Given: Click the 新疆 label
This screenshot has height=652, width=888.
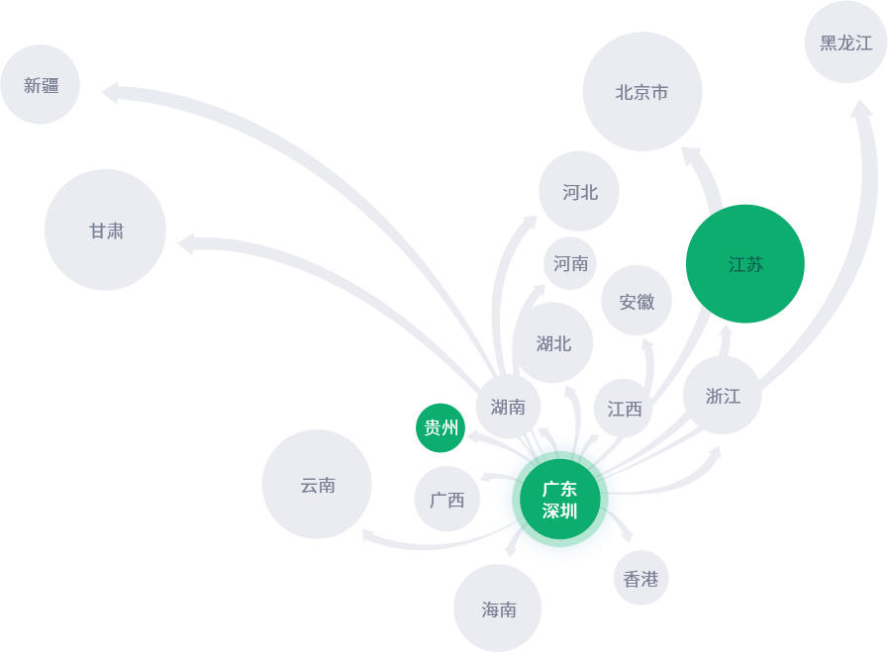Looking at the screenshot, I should (42, 86).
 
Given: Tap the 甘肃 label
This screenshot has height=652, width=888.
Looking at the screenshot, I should (107, 232).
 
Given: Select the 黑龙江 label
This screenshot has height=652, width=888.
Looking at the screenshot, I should (846, 44).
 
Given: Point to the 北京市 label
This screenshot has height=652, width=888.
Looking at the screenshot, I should (641, 93).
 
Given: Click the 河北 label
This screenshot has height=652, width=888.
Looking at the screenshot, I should (580, 193).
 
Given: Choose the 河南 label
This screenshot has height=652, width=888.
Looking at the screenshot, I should (571, 264).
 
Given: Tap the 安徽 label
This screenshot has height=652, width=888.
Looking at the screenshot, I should (637, 303).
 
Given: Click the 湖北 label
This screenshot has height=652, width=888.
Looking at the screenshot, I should (553, 344).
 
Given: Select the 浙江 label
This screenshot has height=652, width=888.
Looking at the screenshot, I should (723, 397).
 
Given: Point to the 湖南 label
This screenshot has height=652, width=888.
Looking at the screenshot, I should (508, 408).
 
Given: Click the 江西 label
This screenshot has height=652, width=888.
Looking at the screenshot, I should (625, 410).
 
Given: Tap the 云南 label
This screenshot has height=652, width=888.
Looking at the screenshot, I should (318, 486).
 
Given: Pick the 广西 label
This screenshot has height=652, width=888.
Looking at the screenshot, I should (446, 501).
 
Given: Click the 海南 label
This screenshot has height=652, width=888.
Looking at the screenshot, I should (499, 610).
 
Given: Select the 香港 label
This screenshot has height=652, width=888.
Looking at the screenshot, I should (641, 580).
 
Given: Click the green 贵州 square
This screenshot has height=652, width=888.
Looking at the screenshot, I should (441, 428).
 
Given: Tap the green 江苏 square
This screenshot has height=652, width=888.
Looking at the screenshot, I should (745, 264).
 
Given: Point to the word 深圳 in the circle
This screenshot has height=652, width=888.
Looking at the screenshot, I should (559, 512).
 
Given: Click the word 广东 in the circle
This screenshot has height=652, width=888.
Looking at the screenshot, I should (559, 490).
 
